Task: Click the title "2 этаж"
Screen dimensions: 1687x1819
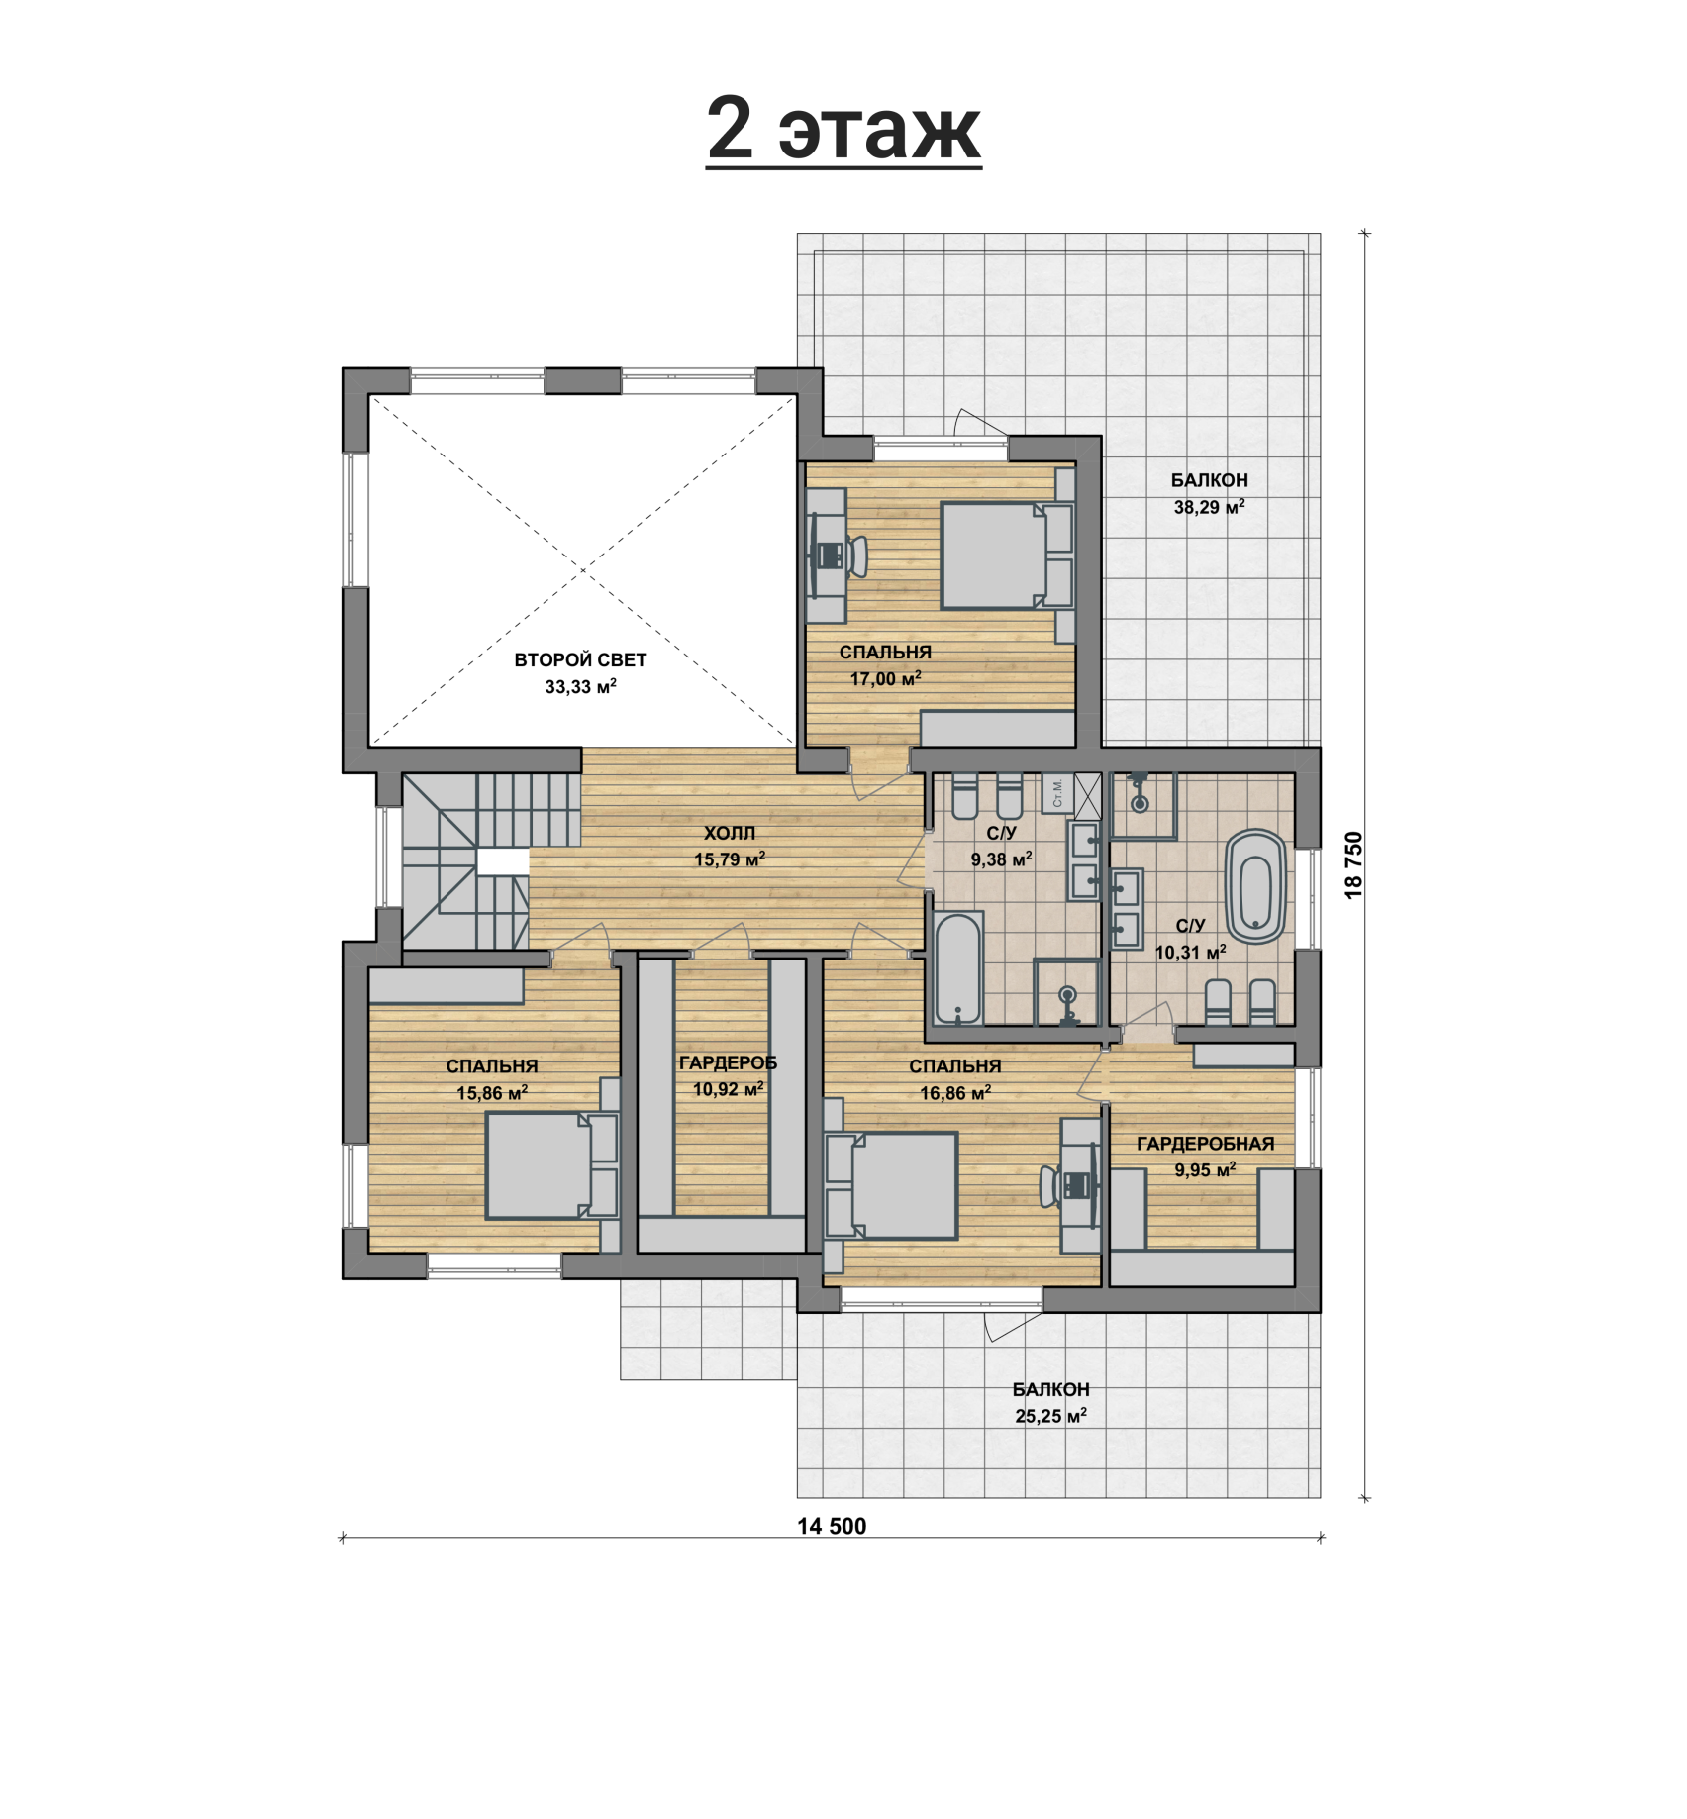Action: point(843,130)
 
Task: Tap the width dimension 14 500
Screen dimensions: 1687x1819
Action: point(832,1526)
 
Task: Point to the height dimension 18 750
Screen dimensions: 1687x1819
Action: point(1353,864)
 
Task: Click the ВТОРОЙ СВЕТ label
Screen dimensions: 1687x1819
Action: point(580,659)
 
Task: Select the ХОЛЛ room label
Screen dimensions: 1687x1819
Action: point(730,833)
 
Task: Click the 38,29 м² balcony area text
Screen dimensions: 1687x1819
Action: point(1209,507)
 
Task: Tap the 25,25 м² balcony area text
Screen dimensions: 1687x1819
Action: point(1050,1416)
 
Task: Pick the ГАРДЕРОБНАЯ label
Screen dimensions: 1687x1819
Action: point(1205,1144)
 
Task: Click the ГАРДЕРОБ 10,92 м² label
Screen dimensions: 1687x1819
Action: point(728,1076)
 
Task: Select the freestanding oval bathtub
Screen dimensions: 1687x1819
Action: point(1255,886)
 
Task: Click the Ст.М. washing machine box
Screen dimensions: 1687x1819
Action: point(1057,792)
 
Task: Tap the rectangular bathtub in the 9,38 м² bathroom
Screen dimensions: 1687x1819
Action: point(957,967)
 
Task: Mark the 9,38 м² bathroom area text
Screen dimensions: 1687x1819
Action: point(1001,859)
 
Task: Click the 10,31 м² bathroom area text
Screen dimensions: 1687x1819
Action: point(1190,953)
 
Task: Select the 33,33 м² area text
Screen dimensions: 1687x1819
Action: point(580,686)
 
